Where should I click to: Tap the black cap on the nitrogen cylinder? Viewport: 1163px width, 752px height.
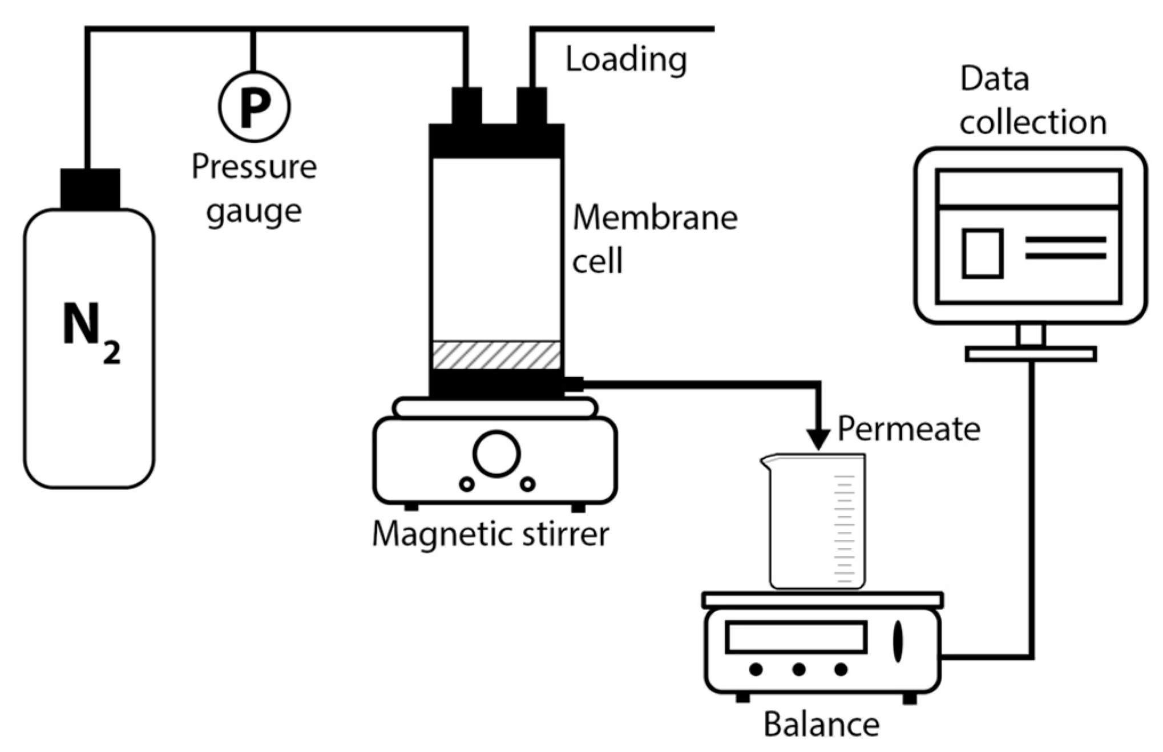coord(90,189)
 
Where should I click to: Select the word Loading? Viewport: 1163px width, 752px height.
coord(625,60)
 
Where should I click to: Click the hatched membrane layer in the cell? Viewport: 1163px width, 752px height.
coord(496,355)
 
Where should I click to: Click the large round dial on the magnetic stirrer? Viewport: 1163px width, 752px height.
coord(496,454)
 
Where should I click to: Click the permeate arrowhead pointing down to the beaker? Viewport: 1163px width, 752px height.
coord(819,439)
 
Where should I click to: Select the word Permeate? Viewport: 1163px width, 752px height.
coord(908,428)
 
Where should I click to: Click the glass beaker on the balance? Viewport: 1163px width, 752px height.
coord(816,522)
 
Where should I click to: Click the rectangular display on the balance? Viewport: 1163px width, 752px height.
coord(795,637)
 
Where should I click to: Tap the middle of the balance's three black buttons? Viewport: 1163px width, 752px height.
coord(798,669)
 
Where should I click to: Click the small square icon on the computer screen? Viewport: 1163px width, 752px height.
coord(982,253)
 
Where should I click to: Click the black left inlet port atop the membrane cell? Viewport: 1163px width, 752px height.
coord(466,106)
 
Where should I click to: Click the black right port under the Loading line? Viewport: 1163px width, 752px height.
coord(531,106)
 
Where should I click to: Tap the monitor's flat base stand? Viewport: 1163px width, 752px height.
coord(1030,354)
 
